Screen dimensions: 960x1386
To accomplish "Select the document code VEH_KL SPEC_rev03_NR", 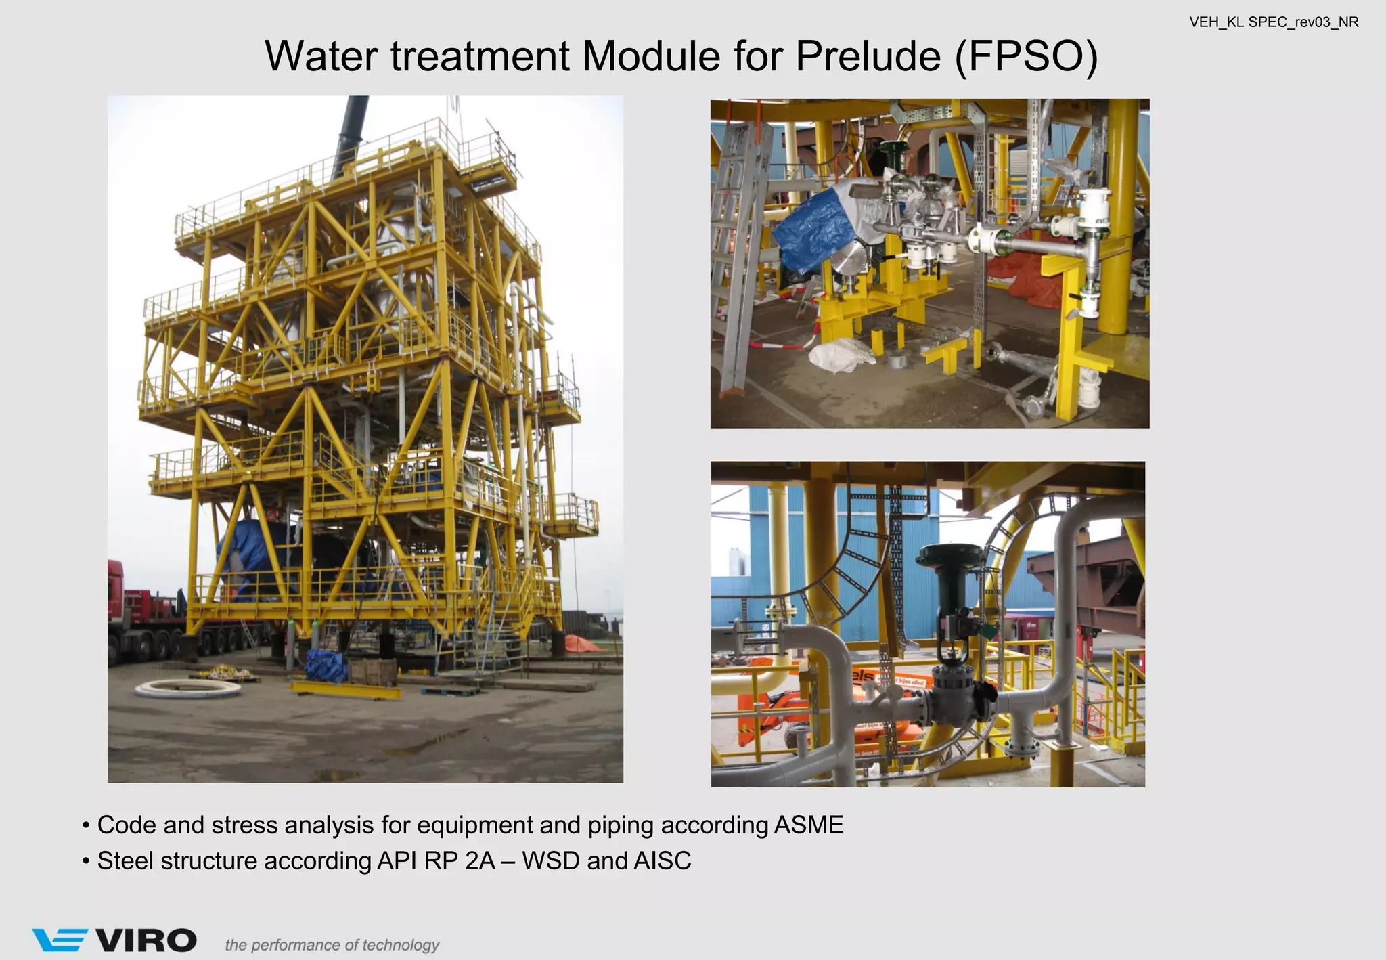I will tap(1274, 22).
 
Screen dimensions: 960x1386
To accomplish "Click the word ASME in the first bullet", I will tap(808, 825).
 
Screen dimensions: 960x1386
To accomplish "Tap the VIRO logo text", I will tap(146, 941).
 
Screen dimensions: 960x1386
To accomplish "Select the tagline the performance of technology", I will tap(332, 945).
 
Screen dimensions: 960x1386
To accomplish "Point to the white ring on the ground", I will tap(187, 689).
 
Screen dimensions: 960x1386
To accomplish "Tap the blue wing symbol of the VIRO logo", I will tap(60, 940).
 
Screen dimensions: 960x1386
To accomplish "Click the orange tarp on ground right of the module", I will tap(582, 644).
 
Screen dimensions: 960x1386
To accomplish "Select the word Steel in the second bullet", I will tap(125, 861).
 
